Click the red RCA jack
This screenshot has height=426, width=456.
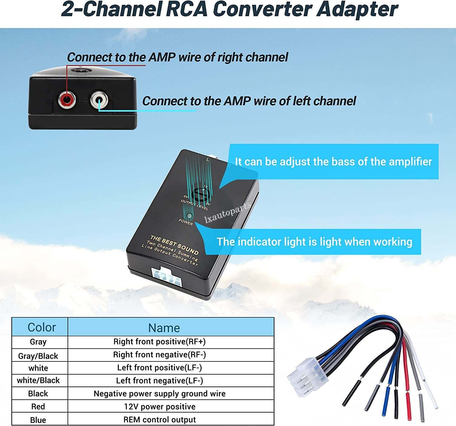(67, 100)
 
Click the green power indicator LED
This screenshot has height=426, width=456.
(189, 216)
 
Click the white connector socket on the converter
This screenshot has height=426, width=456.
(167, 277)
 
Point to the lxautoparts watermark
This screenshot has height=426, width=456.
(227, 213)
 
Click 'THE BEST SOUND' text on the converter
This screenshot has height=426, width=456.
(174, 245)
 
